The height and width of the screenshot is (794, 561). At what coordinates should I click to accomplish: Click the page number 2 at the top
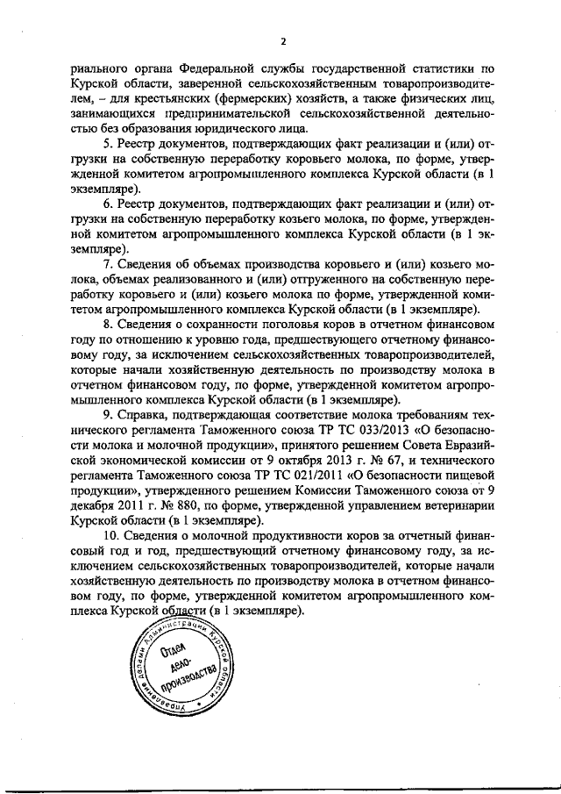coord(283,40)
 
